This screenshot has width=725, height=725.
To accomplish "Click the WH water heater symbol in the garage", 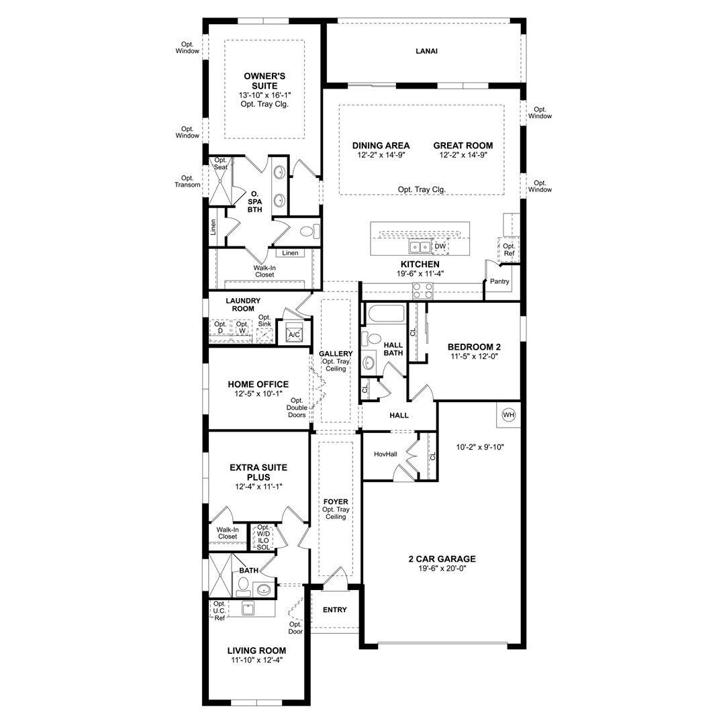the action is (x=509, y=415).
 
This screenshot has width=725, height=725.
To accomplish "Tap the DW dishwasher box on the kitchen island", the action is (x=440, y=246).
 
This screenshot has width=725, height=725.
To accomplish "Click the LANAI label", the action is (x=426, y=51).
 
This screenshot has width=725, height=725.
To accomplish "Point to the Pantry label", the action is (x=499, y=281).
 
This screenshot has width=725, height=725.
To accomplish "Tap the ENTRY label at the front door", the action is (x=335, y=610).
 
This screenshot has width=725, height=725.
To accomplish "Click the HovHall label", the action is (x=385, y=454).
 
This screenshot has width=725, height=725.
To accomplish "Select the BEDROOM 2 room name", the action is (x=474, y=347).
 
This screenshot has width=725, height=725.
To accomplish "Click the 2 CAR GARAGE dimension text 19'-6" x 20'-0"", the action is (x=442, y=569).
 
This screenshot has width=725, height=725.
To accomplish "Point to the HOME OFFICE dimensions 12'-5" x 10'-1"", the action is (x=258, y=394).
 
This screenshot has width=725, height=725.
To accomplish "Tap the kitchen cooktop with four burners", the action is (x=423, y=291).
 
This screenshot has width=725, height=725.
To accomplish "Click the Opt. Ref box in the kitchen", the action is (x=509, y=250).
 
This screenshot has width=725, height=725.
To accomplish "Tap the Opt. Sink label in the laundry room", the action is (x=264, y=320).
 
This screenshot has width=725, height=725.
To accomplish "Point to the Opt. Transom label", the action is (x=187, y=181).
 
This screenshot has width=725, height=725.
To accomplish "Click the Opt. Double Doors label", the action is (x=297, y=408).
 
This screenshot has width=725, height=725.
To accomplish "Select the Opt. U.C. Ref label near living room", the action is (x=220, y=610).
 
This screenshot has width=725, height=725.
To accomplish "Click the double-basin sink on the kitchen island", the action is (x=420, y=247).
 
